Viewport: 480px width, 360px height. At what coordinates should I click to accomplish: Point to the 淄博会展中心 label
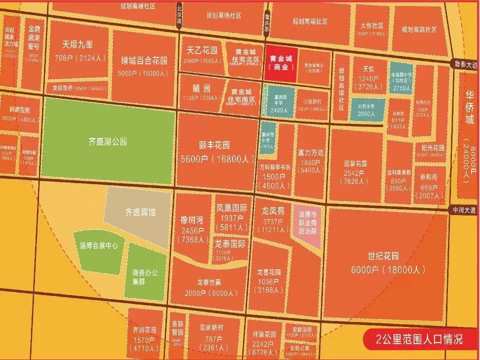pos(98,245)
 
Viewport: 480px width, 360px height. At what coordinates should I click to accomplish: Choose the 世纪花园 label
pos(383,257)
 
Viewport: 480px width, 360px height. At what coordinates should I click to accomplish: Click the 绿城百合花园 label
pos(144,61)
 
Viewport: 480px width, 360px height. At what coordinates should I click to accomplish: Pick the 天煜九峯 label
pos(78,44)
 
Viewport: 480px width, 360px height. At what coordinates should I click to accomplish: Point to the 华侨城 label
pos(469,107)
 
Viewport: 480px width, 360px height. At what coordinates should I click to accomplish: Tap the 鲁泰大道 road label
pos(463,63)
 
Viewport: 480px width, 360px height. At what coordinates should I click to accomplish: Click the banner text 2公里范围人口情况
pos(419,339)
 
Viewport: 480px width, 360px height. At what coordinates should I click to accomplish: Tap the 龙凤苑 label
pos(273,210)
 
